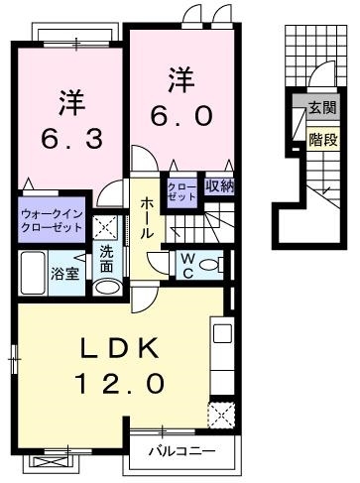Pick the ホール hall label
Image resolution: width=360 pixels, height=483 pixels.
(x=146, y=216)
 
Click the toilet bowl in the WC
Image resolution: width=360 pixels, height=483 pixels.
(x=218, y=265)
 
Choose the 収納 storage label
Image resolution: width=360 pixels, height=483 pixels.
(x=219, y=184)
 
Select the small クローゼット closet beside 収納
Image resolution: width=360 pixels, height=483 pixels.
(x=182, y=190)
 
